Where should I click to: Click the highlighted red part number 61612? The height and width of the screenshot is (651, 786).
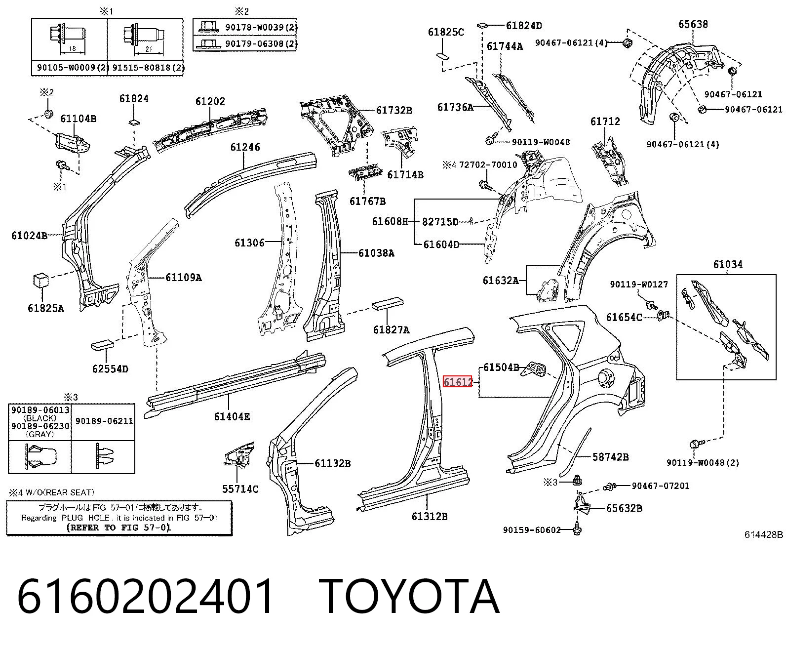click(x=457, y=382)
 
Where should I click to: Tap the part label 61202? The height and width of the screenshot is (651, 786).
click(x=210, y=101)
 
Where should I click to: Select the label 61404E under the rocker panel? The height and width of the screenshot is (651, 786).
click(x=232, y=416)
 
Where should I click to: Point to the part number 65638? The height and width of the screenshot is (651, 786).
click(x=693, y=24)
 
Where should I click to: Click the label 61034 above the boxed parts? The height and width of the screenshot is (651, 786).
click(x=728, y=264)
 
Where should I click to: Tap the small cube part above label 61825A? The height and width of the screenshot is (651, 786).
click(x=41, y=281)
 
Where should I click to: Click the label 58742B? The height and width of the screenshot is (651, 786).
click(x=610, y=457)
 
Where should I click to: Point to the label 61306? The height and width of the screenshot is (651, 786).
click(x=249, y=243)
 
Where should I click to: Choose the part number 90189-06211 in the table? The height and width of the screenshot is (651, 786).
click(x=104, y=421)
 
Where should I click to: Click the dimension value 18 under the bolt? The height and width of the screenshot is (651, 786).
click(x=72, y=48)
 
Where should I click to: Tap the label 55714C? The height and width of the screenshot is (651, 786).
click(x=240, y=488)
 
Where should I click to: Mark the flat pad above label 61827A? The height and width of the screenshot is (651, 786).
click(x=388, y=303)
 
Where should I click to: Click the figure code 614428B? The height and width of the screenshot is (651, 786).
click(x=763, y=534)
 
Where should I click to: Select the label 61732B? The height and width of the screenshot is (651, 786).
click(x=394, y=110)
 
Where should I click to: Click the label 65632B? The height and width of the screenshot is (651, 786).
click(x=624, y=508)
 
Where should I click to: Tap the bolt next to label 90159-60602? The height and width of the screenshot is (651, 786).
click(x=577, y=530)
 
